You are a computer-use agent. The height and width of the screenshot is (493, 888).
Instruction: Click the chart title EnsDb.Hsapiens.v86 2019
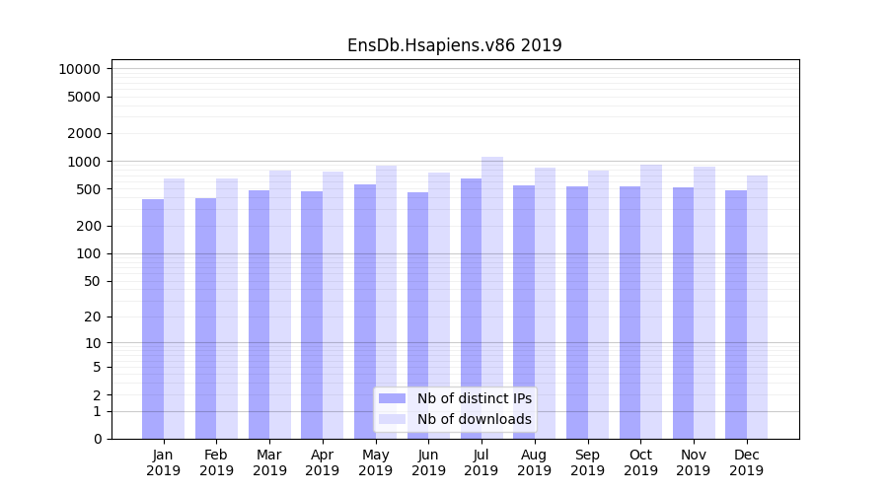(x=454, y=45)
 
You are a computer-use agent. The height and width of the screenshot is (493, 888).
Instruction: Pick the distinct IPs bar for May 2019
(x=365, y=312)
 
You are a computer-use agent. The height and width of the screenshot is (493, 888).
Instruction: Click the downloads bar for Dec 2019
(x=757, y=307)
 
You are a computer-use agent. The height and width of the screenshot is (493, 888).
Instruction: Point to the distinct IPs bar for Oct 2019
(x=629, y=313)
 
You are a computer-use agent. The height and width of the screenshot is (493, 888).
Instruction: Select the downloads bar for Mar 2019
(x=280, y=305)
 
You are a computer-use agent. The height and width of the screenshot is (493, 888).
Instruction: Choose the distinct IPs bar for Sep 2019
(x=577, y=313)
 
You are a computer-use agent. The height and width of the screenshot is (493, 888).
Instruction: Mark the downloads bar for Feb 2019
(x=227, y=309)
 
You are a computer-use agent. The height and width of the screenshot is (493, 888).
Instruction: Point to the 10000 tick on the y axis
(x=79, y=69)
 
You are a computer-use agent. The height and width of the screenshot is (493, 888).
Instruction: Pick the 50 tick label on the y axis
(x=92, y=281)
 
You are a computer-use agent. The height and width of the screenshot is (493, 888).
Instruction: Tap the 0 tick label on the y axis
(x=97, y=439)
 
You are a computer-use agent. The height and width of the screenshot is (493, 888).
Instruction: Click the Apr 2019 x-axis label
(x=323, y=462)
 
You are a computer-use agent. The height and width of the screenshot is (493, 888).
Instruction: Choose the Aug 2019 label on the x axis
(x=535, y=462)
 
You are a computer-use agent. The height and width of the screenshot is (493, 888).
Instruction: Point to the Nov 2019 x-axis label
(x=694, y=462)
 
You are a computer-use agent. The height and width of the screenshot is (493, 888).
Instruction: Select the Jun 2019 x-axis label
(x=428, y=462)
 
